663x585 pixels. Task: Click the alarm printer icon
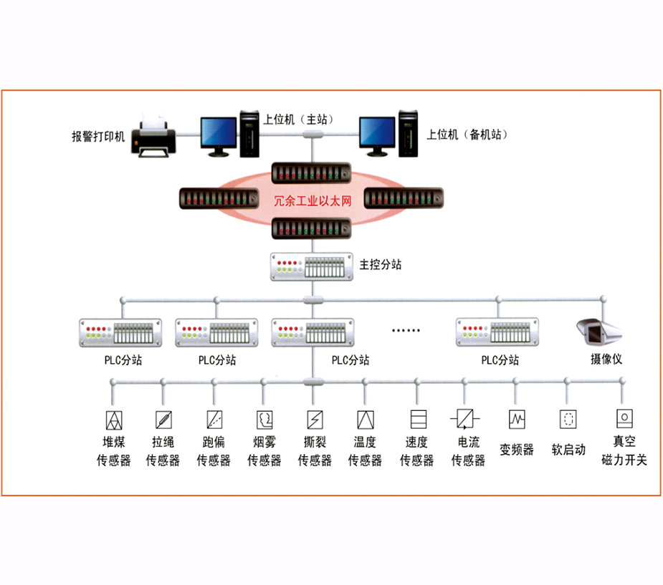pyautogui.click(x=153, y=136)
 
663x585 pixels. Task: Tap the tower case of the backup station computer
pyautogui.click(x=408, y=133)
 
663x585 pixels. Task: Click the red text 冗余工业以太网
pyautogui.click(x=313, y=201)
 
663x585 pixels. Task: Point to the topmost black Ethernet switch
pyautogui.click(x=311, y=173)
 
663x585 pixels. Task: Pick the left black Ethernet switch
pyautogui.click(x=219, y=198)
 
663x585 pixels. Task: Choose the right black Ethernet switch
pyautogui.click(x=404, y=198)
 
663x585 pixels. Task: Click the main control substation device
pyautogui.click(x=312, y=266)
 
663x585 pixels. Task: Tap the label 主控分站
pyautogui.click(x=380, y=265)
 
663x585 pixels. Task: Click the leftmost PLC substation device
pyautogui.click(x=120, y=333)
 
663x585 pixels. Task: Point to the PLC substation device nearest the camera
pyautogui.click(x=497, y=332)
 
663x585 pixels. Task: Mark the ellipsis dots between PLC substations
pyautogui.click(x=406, y=330)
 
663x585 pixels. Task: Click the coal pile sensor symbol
pyautogui.click(x=114, y=420)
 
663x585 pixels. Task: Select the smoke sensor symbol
pyautogui.click(x=264, y=420)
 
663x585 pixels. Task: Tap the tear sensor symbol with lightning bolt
pyautogui.click(x=315, y=420)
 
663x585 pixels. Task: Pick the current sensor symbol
pyautogui.click(x=465, y=419)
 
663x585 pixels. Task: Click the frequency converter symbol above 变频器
pyautogui.click(x=517, y=419)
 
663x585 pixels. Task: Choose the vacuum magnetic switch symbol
pyautogui.click(x=624, y=419)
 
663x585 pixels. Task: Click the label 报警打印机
pyautogui.click(x=98, y=137)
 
